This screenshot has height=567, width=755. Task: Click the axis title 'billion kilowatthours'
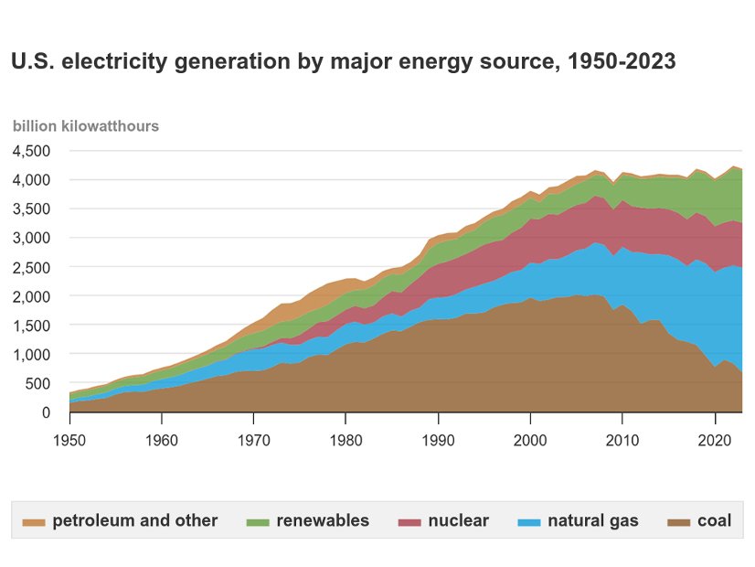[85, 126]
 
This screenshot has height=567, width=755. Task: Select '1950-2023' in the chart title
[622, 62]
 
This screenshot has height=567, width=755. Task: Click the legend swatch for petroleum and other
[34, 521]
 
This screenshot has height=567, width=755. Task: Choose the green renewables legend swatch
[258, 521]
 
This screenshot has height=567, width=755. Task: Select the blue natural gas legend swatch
[529, 521]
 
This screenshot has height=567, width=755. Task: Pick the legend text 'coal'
[715, 521]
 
